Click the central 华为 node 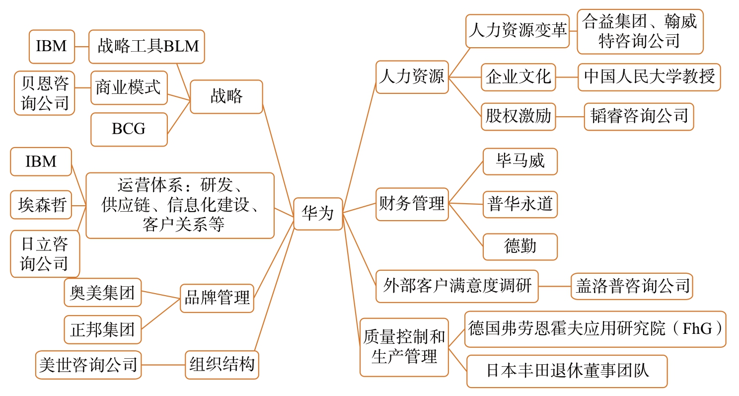[x=318, y=214]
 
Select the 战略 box [x=226, y=96]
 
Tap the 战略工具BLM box [x=147, y=47]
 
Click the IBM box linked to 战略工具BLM [x=52, y=47]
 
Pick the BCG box [x=129, y=129]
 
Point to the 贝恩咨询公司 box [x=44, y=93]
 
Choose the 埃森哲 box [x=41, y=204]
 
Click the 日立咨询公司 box [x=45, y=253]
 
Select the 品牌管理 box [x=217, y=298]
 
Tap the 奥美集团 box [x=103, y=292]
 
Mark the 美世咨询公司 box [x=88, y=365]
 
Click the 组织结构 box [x=222, y=365]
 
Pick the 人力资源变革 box [x=517, y=31]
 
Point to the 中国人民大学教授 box [x=649, y=77]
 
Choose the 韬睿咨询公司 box [x=639, y=116]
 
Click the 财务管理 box [x=412, y=204]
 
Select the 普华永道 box [x=520, y=204]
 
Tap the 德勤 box [x=520, y=246]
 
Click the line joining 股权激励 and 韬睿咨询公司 [x=570, y=117]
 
